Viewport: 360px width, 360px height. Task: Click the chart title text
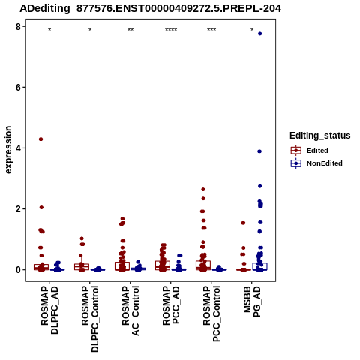coord(151,8)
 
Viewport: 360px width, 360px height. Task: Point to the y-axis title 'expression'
coord(8,150)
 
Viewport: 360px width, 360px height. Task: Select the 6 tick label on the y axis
coord(18,87)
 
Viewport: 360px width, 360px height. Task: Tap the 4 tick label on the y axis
coord(18,148)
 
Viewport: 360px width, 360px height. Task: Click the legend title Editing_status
coord(320,136)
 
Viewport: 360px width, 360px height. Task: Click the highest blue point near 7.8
coord(259,34)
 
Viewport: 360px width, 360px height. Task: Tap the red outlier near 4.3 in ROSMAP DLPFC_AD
coord(40,139)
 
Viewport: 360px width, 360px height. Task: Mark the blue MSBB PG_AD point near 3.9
coord(259,151)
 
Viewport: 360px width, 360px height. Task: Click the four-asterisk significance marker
coord(171,30)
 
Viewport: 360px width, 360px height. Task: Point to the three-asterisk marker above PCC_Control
coord(211,30)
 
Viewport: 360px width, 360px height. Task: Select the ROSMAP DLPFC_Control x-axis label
coord(90,319)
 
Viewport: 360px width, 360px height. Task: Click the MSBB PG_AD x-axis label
coord(252,301)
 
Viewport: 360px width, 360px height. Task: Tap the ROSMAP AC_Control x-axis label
coord(130,310)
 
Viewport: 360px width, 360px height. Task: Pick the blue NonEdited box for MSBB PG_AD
coord(259,266)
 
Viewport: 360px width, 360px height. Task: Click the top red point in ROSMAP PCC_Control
coord(203,190)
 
